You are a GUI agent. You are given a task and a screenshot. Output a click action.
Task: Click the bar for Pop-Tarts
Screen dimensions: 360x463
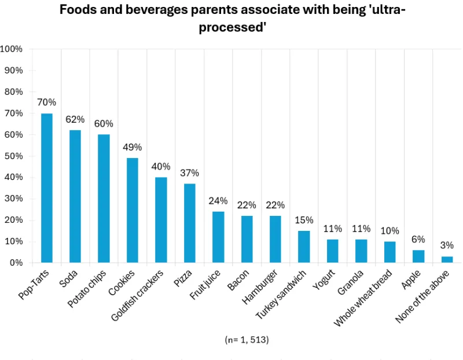46,188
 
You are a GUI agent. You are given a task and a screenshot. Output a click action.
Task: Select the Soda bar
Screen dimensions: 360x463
75,196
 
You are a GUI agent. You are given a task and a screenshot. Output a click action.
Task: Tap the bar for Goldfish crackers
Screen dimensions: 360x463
161,220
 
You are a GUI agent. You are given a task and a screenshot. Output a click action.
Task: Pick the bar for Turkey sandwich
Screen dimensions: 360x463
304,247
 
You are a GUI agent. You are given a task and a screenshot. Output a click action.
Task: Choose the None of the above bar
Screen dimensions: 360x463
447,259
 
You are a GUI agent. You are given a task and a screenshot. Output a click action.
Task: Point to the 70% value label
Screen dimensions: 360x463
46,102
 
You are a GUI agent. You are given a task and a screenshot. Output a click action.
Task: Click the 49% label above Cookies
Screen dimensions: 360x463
132,146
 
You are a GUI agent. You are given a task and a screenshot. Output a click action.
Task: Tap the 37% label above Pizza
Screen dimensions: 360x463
189,172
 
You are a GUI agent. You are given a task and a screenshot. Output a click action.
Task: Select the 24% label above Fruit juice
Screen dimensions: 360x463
218,201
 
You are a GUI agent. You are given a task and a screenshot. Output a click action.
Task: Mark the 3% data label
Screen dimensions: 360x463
447,245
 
